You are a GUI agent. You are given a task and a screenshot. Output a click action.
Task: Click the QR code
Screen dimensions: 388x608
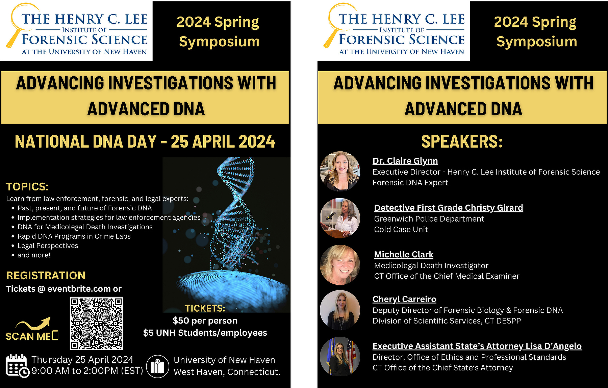(96, 323)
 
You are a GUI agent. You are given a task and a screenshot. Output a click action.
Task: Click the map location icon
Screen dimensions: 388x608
(157, 366)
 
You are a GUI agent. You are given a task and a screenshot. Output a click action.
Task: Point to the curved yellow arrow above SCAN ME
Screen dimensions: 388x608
(34, 324)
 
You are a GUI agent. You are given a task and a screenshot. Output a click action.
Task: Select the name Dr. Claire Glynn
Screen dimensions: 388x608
(405, 161)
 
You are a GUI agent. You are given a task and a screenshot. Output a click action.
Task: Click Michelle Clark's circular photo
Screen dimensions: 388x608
(340, 265)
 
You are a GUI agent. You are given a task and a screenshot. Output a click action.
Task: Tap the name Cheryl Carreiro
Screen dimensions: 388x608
(404, 299)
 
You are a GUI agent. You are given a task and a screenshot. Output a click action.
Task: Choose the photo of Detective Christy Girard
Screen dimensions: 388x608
(340, 218)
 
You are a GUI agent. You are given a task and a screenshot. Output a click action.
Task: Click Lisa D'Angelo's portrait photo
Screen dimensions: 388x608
(340, 357)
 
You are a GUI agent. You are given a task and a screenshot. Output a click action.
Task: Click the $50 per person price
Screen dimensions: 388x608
(205, 320)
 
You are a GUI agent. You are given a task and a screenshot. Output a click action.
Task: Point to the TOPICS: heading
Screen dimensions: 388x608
(27, 187)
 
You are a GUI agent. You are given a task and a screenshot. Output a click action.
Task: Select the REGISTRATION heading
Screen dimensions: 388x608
(46, 276)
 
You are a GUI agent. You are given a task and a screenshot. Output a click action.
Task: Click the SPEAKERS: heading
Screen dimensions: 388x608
(462, 141)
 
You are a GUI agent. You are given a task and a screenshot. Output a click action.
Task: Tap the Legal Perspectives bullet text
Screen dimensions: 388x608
(48, 246)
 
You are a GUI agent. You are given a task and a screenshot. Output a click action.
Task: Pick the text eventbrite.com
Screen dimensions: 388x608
(79, 289)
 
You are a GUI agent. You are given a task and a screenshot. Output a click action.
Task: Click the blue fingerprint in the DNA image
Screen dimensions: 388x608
(233, 287)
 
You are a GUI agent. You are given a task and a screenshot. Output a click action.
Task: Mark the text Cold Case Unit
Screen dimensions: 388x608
(401, 230)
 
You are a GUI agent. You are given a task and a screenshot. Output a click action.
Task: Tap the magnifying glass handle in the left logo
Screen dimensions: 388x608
(12, 39)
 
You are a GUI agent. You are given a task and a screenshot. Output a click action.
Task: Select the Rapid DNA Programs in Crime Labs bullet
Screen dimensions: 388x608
(74, 236)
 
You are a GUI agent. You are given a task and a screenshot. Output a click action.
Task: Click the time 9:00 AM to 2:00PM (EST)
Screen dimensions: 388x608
(87, 371)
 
